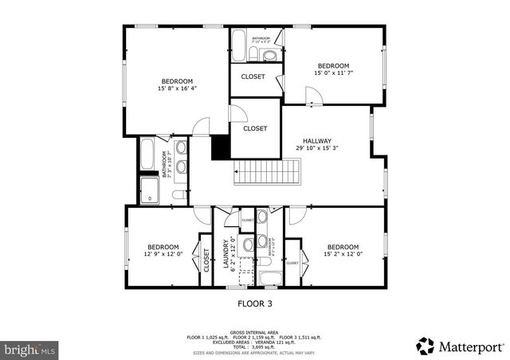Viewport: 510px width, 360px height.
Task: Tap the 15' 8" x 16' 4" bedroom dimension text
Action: coord(177,88)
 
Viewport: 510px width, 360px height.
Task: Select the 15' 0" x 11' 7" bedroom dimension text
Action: coord(333,73)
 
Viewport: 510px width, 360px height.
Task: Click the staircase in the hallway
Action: coord(267,171)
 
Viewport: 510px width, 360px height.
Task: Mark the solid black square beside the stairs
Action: coord(220,147)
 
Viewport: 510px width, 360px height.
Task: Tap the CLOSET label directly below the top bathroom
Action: coord(253,77)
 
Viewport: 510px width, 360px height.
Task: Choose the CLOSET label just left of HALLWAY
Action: coord(255,128)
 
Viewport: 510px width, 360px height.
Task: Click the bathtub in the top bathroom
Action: coord(240,46)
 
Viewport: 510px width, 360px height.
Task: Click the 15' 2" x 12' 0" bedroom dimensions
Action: coord(343,254)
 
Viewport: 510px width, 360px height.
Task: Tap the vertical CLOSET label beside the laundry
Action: coord(206,260)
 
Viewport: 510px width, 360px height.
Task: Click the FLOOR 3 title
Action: coord(255,303)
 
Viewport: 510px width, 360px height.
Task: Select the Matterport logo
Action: coord(461,346)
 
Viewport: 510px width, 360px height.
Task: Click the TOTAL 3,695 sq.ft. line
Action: coord(253,347)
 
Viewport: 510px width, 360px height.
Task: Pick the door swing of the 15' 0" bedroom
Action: coord(314,96)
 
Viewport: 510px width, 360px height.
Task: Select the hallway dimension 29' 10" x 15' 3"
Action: coord(317,147)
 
